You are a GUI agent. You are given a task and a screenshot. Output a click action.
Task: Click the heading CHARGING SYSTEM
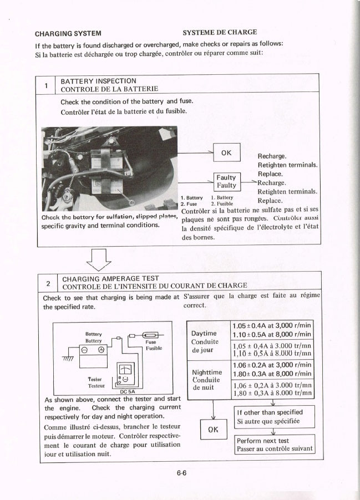pyautogui.click(x=68, y=33)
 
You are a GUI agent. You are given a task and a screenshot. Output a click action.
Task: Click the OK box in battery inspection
pyautogui.click(x=226, y=152)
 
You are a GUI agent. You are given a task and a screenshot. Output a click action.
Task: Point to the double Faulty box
pyautogui.click(x=226, y=181)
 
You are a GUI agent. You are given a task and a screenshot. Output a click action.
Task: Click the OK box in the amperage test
pyautogui.click(x=214, y=430)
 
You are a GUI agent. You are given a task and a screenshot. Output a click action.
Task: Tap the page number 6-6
pyautogui.click(x=181, y=473)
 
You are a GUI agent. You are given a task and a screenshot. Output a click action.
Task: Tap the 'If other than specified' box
pyautogui.click(x=275, y=416)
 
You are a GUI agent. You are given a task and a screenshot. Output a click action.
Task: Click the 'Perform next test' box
pyautogui.click(x=275, y=445)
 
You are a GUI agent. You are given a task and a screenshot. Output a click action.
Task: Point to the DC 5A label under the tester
pyautogui.click(x=128, y=391)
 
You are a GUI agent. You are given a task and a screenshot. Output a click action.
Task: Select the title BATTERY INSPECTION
pyautogui.click(x=98, y=81)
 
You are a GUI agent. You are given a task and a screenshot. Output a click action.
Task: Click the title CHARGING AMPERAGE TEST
pyautogui.click(x=111, y=278)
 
